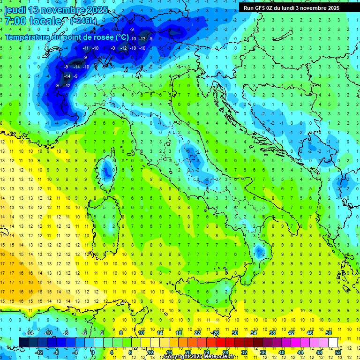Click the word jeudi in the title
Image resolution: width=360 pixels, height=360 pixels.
(x=15, y=9)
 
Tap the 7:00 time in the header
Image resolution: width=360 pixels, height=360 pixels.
(x=15, y=21)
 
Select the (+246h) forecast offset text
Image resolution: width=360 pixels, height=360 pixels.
(x=84, y=21)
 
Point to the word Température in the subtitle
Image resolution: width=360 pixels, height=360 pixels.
(x=29, y=37)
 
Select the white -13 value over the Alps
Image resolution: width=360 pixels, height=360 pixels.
(x=142, y=38)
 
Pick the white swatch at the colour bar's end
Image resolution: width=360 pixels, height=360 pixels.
(x=332, y=342)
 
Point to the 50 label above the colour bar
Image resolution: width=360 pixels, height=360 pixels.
(x=328, y=333)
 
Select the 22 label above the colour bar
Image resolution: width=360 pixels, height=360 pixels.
(x=197, y=333)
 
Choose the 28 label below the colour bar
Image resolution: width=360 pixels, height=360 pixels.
(x=225, y=352)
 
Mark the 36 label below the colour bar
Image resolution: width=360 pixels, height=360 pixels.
(x=263, y=352)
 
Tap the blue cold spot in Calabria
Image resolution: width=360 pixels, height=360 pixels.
(x=259, y=252)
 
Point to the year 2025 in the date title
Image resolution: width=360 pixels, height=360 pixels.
(x=97, y=9)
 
